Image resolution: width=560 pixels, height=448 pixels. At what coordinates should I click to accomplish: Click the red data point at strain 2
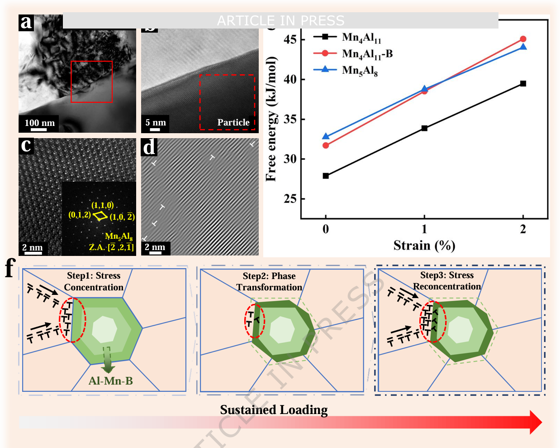tap(523, 39)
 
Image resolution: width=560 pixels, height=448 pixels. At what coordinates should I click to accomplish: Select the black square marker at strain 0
tap(326, 176)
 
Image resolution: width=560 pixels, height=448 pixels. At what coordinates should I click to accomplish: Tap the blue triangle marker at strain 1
tap(424, 89)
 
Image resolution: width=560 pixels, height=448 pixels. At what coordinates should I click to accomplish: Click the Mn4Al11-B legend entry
tap(367, 54)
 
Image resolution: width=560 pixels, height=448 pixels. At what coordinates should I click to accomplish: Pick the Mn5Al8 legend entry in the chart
tap(360, 70)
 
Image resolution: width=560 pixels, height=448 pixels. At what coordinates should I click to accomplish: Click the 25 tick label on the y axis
tap(290, 199)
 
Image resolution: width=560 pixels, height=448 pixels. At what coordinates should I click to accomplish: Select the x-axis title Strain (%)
tap(424, 246)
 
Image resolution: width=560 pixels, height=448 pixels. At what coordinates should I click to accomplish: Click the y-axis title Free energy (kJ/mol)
tap(271, 119)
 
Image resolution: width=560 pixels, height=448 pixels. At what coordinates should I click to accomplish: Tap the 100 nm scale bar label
tap(39, 123)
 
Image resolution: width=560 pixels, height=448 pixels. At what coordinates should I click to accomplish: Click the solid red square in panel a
tap(91, 82)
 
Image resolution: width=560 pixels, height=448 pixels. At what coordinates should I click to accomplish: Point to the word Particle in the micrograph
tap(233, 122)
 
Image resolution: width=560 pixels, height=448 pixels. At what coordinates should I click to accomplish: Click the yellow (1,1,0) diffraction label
tap(103, 205)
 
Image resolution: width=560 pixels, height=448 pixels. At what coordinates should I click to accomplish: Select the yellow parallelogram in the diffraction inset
tap(100, 216)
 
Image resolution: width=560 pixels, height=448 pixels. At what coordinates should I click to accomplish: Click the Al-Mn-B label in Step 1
tap(111, 381)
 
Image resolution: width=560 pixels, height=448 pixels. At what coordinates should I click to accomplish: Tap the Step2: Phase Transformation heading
tap(269, 281)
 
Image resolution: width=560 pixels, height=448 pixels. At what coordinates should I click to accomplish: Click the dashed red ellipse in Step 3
tap(433, 321)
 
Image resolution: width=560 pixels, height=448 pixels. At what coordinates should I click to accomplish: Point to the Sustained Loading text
tap(274, 409)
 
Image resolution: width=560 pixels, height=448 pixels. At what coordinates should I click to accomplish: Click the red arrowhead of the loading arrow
tap(536, 422)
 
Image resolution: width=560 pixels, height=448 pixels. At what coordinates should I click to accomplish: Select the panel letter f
tap(10, 268)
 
